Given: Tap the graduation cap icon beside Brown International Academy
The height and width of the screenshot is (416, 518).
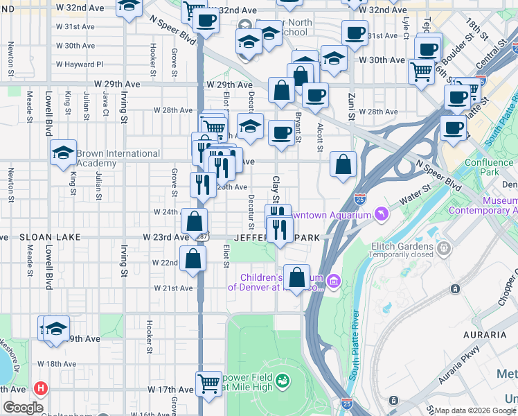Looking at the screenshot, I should (63, 153).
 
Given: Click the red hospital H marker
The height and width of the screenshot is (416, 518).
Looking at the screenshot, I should (42, 388).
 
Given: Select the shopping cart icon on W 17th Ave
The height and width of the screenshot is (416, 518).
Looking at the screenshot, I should (208, 382).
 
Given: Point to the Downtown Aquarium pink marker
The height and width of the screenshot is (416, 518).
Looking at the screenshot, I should (379, 215).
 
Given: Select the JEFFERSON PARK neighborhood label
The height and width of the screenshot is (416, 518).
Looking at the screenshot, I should (277, 238).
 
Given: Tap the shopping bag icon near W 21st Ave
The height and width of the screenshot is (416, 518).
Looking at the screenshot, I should (296, 277).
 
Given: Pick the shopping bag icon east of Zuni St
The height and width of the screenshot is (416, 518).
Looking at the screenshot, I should (343, 164).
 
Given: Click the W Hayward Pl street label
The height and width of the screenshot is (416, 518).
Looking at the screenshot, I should (80, 64).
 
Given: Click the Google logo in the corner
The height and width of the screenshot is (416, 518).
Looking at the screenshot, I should (23, 408).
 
